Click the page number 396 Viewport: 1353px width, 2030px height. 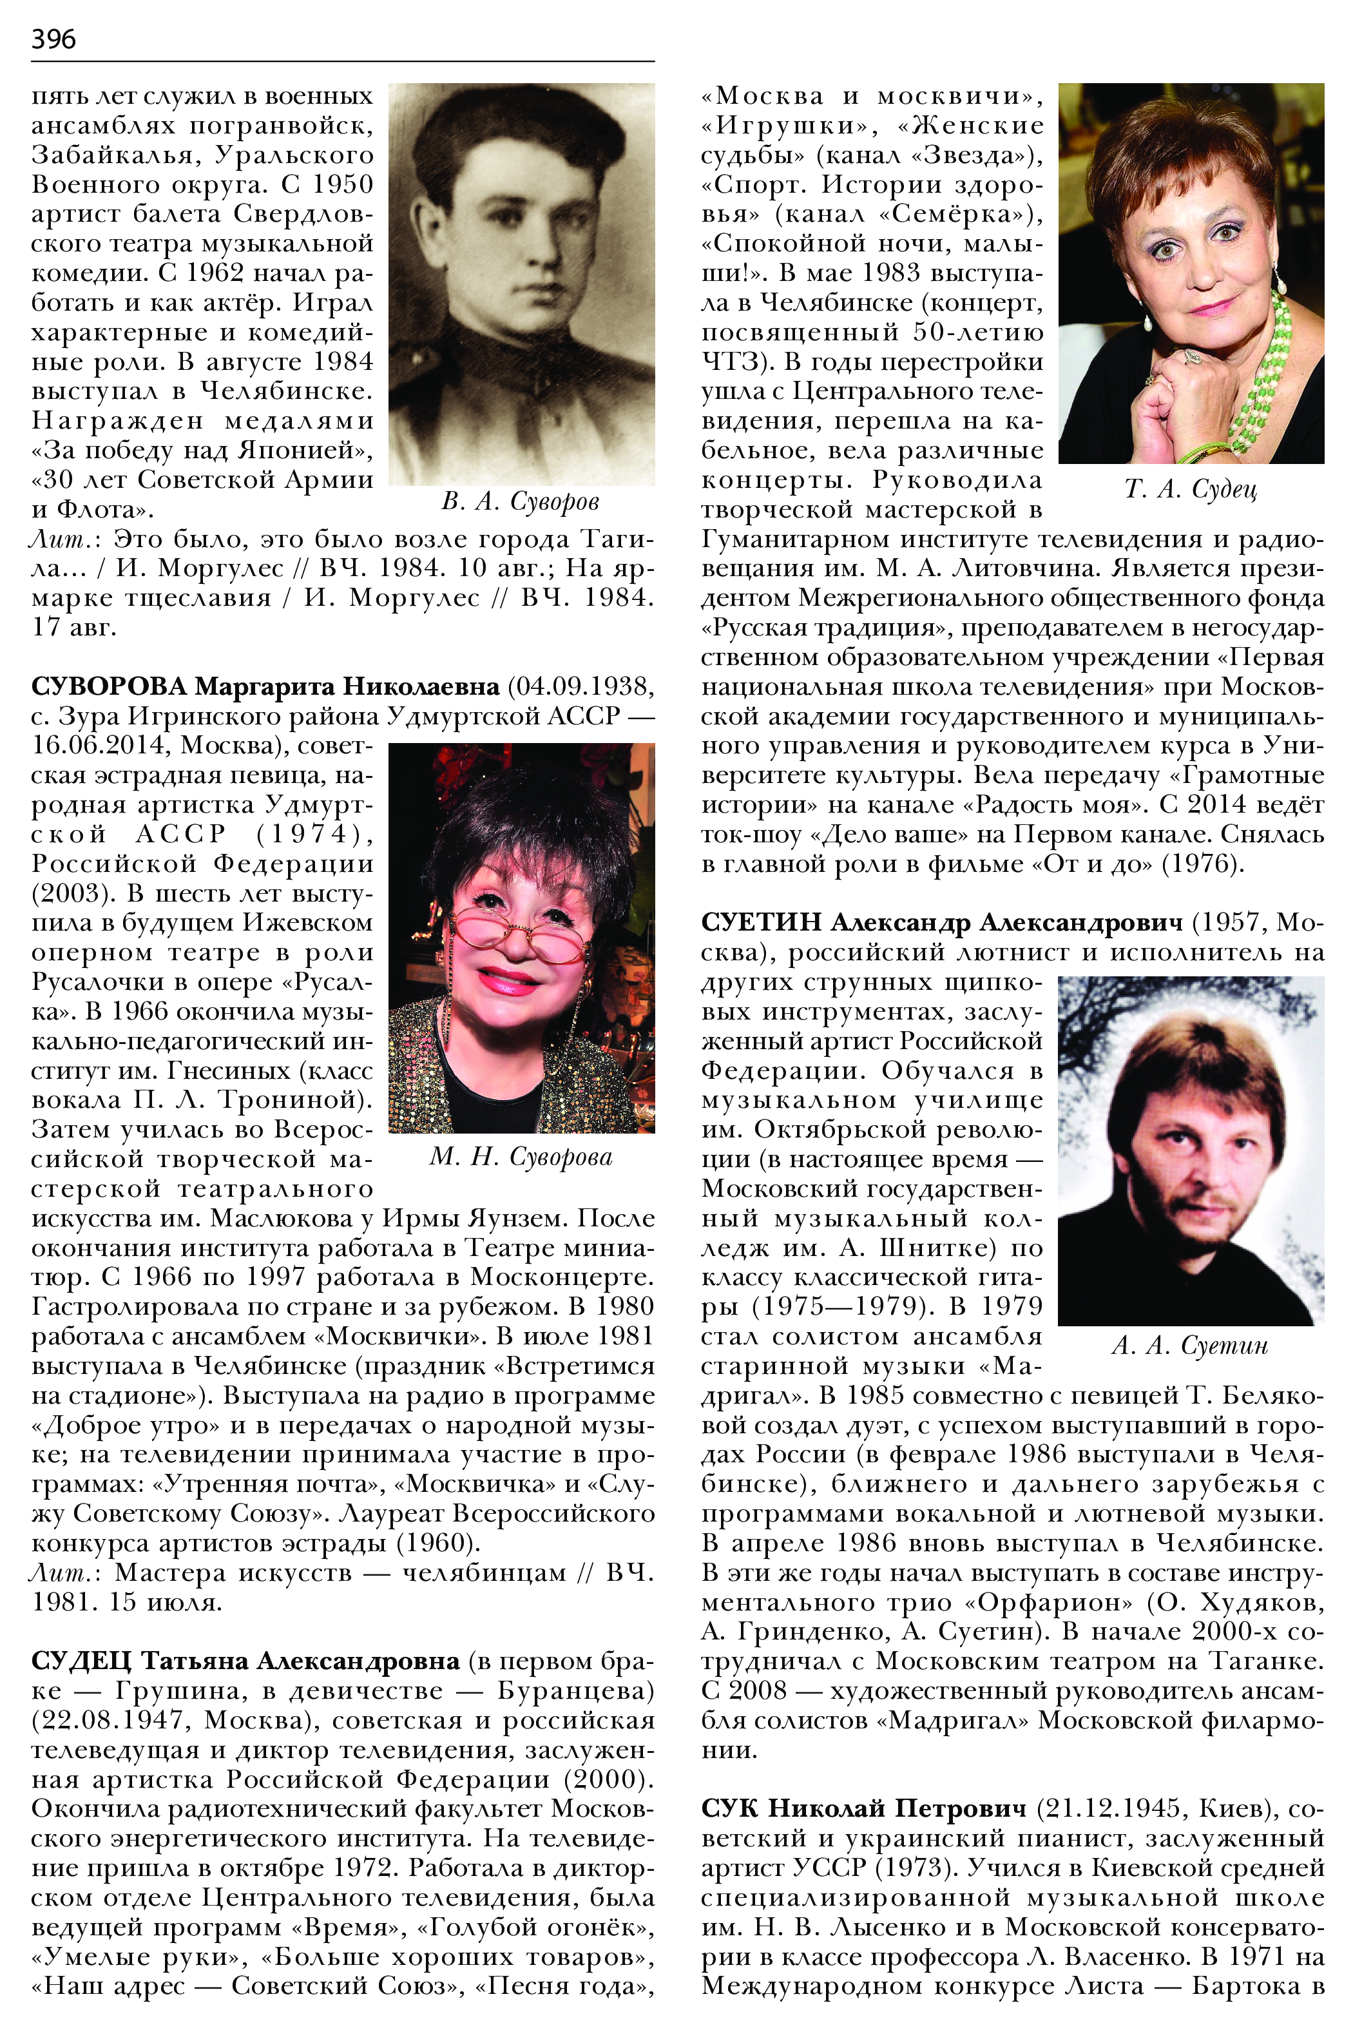coord(53,39)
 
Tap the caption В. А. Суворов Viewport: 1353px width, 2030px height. coord(521,501)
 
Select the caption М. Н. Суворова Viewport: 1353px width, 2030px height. coord(521,1157)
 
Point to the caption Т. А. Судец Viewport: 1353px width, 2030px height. coord(1191,489)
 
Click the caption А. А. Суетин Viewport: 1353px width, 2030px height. coord(1190,1346)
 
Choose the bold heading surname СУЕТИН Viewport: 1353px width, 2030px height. coord(760,923)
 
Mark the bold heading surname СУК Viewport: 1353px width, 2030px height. coord(729,1808)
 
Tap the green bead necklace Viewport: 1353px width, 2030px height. coord(1267,371)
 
